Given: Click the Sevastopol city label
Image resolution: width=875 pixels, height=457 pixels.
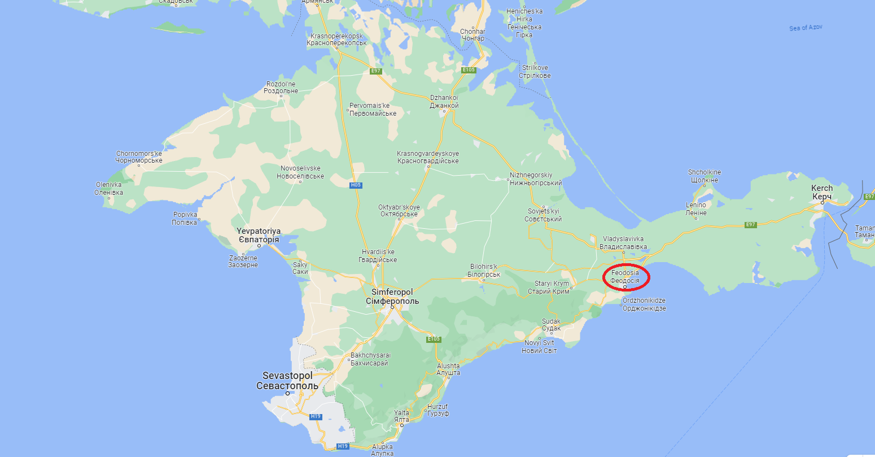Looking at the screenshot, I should click(x=287, y=381).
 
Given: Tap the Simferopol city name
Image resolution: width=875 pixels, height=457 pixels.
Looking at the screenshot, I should click(x=392, y=297).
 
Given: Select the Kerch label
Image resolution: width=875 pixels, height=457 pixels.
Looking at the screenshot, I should click(x=822, y=192).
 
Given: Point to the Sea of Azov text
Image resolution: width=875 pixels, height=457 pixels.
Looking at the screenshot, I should click(x=807, y=28).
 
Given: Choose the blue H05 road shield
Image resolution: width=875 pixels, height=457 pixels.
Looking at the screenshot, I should click(x=355, y=185).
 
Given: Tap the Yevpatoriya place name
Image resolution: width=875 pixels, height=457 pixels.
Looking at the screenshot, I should click(x=258, y=236).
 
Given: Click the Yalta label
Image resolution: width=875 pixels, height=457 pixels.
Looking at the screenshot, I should click(x=401, y=416).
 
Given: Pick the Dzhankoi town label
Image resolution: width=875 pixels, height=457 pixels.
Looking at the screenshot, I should click(x=444, y=102).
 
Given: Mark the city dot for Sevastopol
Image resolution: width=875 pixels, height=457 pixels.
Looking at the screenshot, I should click(x=287, y=393).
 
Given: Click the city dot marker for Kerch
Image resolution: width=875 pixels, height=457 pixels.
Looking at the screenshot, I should click(x=823, y=202).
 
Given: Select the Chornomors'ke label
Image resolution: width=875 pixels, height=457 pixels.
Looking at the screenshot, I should click(x=139, y=157).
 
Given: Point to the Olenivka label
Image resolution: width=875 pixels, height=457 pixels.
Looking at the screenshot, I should click(x=109, y=189).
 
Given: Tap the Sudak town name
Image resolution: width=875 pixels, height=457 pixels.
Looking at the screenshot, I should click(x=551, y=325).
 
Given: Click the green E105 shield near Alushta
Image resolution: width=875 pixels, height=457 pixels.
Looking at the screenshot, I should click(x=433, y=339).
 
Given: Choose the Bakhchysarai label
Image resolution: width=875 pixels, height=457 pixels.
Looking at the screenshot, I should click(x=370, y=359).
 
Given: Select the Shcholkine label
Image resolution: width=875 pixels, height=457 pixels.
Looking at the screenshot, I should click(x=704, y=176).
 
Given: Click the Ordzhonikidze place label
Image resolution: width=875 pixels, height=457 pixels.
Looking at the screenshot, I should click(x=644, y=304).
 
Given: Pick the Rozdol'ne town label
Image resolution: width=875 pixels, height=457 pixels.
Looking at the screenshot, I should click(x=282, y=88).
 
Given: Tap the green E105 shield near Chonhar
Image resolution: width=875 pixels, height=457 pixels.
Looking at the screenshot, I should click(x=469, y=70).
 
